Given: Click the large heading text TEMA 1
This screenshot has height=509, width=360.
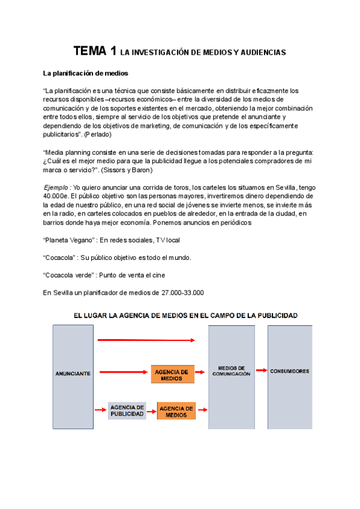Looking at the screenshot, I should pyautogui.click(x=94, y=52).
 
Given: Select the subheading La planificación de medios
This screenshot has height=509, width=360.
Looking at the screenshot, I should pyautogui.click(x=82, y=74).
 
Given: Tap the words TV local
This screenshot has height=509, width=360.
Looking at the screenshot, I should pyautogui.click(x=167, y=239).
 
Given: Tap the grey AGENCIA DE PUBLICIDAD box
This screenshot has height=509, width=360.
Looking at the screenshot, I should pyautogui.click(x=127, y=411).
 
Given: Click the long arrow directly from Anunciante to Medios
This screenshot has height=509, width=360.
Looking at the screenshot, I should pyautogui.click(x=146, y=340).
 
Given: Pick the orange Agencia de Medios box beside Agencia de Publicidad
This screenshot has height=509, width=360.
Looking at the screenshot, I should pyautogui.click(x=176, y=411).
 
